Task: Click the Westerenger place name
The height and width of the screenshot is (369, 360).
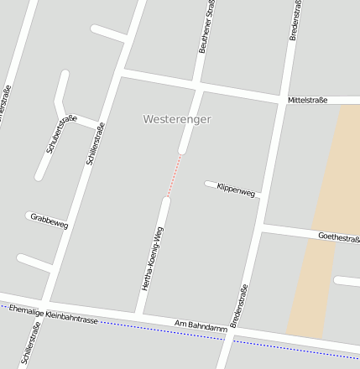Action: point(177,119)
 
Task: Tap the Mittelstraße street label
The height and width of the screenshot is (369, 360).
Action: point(307,100)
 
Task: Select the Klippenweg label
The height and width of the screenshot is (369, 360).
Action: point(235,190)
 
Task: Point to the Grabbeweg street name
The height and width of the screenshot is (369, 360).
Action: point(50,221)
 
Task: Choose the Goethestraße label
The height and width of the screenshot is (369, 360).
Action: point(338,237)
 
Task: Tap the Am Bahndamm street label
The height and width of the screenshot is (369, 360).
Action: point(201,326)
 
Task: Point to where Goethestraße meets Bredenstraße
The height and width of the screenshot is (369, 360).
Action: point(262,226)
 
